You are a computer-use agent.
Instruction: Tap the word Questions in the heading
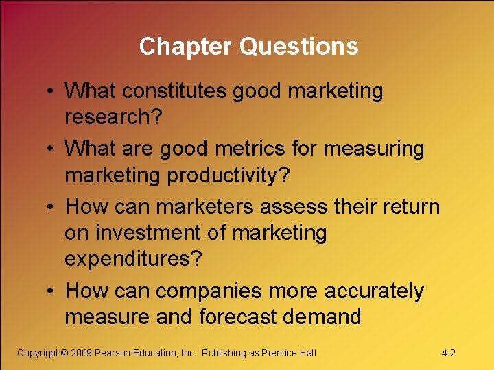tap(298, 47)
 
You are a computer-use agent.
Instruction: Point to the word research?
tap(113, 117)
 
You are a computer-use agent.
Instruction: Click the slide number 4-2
tap(449, 353)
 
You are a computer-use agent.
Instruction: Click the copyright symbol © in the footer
tap(64, 353)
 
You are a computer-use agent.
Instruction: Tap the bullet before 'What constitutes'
tap(52, 91)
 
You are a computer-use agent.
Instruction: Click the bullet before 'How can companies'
tap(52, 292)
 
